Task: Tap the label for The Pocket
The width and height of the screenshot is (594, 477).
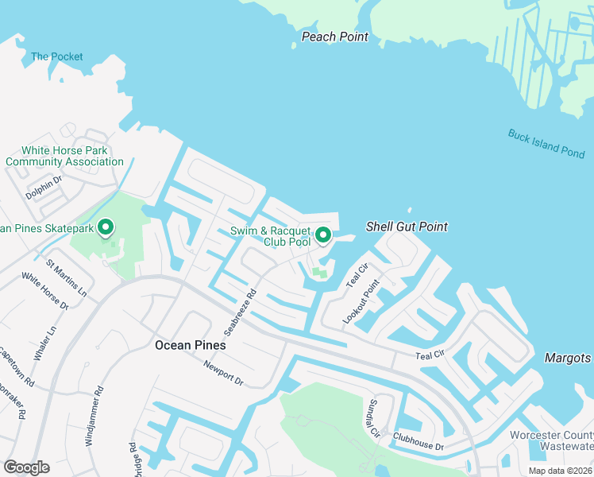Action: pos(56,56)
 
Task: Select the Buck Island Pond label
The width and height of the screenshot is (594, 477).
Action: pos(546,143)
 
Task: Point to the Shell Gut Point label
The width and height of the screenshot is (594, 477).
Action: pos(407,227)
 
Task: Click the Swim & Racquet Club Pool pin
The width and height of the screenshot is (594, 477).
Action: pos(323,236)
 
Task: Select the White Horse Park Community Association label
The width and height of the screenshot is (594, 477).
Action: pos(65,156)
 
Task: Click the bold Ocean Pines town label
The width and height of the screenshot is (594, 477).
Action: pos(189,345)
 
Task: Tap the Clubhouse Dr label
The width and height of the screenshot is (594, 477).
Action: pos(417,442)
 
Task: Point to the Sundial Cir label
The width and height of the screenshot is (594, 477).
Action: pos(372,418)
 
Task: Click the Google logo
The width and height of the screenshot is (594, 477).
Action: pos(27,467)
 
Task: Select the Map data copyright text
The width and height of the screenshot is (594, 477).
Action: pos(561,471)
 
